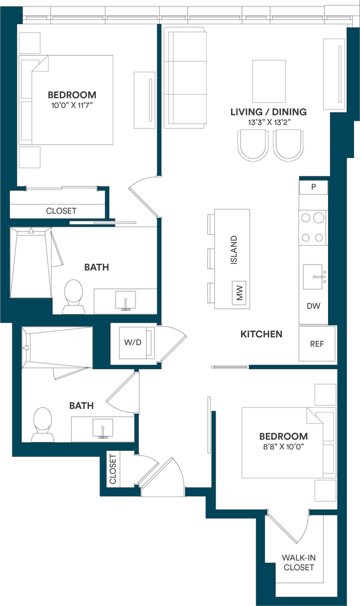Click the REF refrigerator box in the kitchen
(x=317, y=344)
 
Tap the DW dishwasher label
(x=313, y=306)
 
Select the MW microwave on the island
(x=239, y=292)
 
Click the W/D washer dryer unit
(x=133, y=343)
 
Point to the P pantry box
(x=313, y=187)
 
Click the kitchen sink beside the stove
(x=313, y=277)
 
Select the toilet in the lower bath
(x=43, y=424)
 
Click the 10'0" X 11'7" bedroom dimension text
(x=72, y=105)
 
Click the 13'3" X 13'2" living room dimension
(x=269, y=122)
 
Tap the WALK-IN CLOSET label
(x=298, y=562)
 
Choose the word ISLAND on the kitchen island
(x=234, y=250)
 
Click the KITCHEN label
(x=261, y=334)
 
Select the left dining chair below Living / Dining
(x=253, y=145)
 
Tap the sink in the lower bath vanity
(x=103, y=429)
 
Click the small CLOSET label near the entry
(x=112, y=469)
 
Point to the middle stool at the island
(x=211, y=259)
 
